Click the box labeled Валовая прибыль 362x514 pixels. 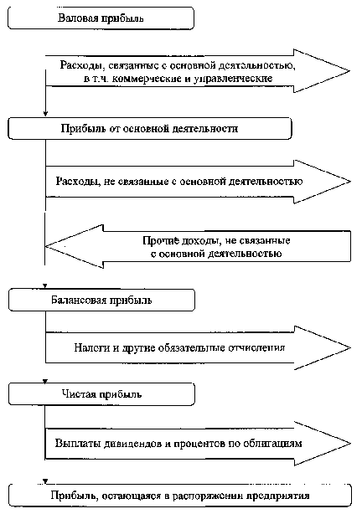point(101,18)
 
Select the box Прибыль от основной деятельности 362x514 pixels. point(150,129)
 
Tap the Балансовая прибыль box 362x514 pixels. point(101,300)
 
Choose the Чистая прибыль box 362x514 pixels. point(101,394)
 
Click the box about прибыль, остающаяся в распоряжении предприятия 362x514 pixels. point(180,495)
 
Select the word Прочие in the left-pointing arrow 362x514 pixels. point(161,240)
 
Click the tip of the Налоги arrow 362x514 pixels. point(350,347)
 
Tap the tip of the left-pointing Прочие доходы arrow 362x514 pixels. point(45,246)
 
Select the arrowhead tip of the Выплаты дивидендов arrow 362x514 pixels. point(350,443)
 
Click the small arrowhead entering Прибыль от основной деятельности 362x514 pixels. point(45,114)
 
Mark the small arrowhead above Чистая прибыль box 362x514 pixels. point(45,382)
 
